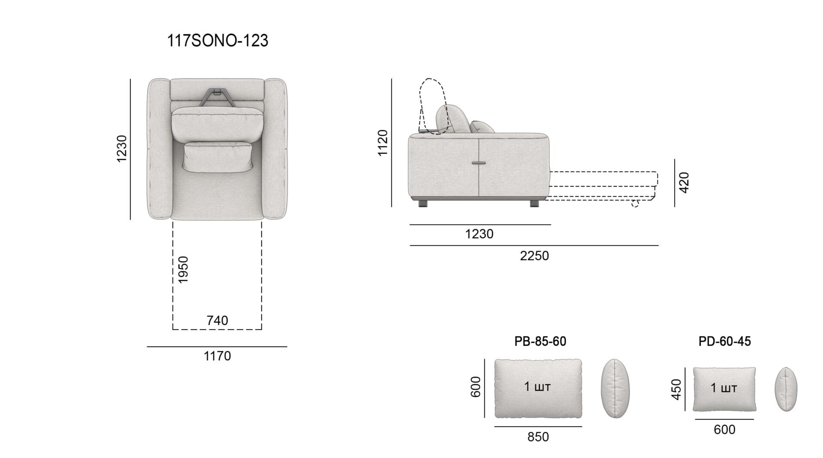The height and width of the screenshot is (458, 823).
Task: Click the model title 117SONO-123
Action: coord(217,41)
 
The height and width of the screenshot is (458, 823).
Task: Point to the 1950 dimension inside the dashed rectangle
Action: coord(183,269)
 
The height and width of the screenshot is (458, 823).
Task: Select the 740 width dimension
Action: coord(217,320)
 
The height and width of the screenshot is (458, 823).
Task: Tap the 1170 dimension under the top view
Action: coord(217,356)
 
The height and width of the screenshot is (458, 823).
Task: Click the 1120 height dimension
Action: coord(382,143)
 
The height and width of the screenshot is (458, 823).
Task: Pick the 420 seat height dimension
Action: coord(685,183)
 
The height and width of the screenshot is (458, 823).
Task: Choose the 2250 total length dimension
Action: coord(535,256)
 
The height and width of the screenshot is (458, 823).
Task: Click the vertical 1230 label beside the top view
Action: coord(122,149)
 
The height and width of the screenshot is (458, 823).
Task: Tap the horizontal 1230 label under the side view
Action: coord(479,234)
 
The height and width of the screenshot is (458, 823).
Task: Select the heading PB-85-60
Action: coord(540,341)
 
